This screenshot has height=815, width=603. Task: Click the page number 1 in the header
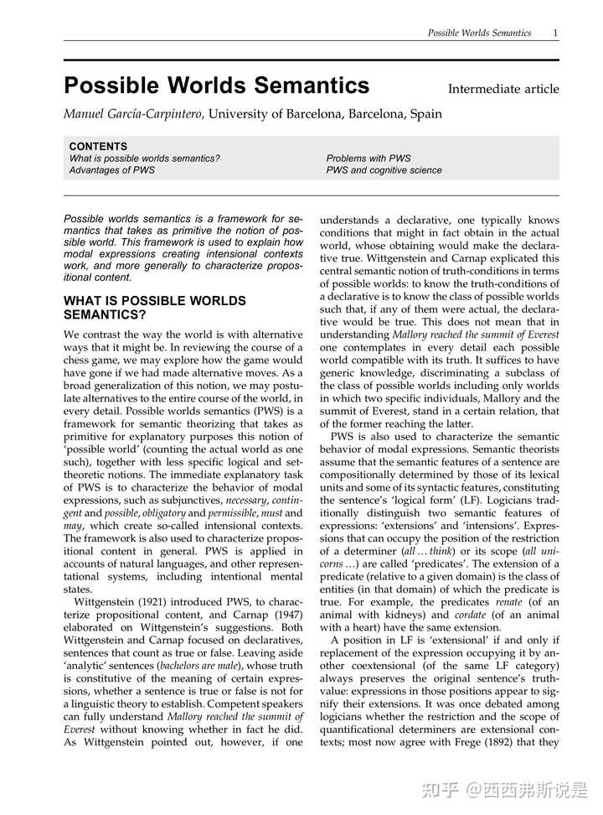pos(555,33)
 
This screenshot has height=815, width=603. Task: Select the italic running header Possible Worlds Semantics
pos(479,33)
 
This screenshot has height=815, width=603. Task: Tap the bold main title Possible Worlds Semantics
pos(216,86)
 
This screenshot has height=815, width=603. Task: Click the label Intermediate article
pos(503,89)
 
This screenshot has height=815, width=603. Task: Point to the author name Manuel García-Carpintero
pos(134,114)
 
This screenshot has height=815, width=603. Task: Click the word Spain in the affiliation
pos(425,114)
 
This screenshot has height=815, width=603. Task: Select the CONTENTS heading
pos(98,146)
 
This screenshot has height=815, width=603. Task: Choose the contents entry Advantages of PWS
pos(111,170)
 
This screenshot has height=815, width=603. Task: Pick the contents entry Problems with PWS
pos(368,158)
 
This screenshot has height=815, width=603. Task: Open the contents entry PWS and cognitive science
pos(384,170)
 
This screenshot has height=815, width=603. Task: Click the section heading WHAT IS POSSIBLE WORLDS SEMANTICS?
pos(154,308)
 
